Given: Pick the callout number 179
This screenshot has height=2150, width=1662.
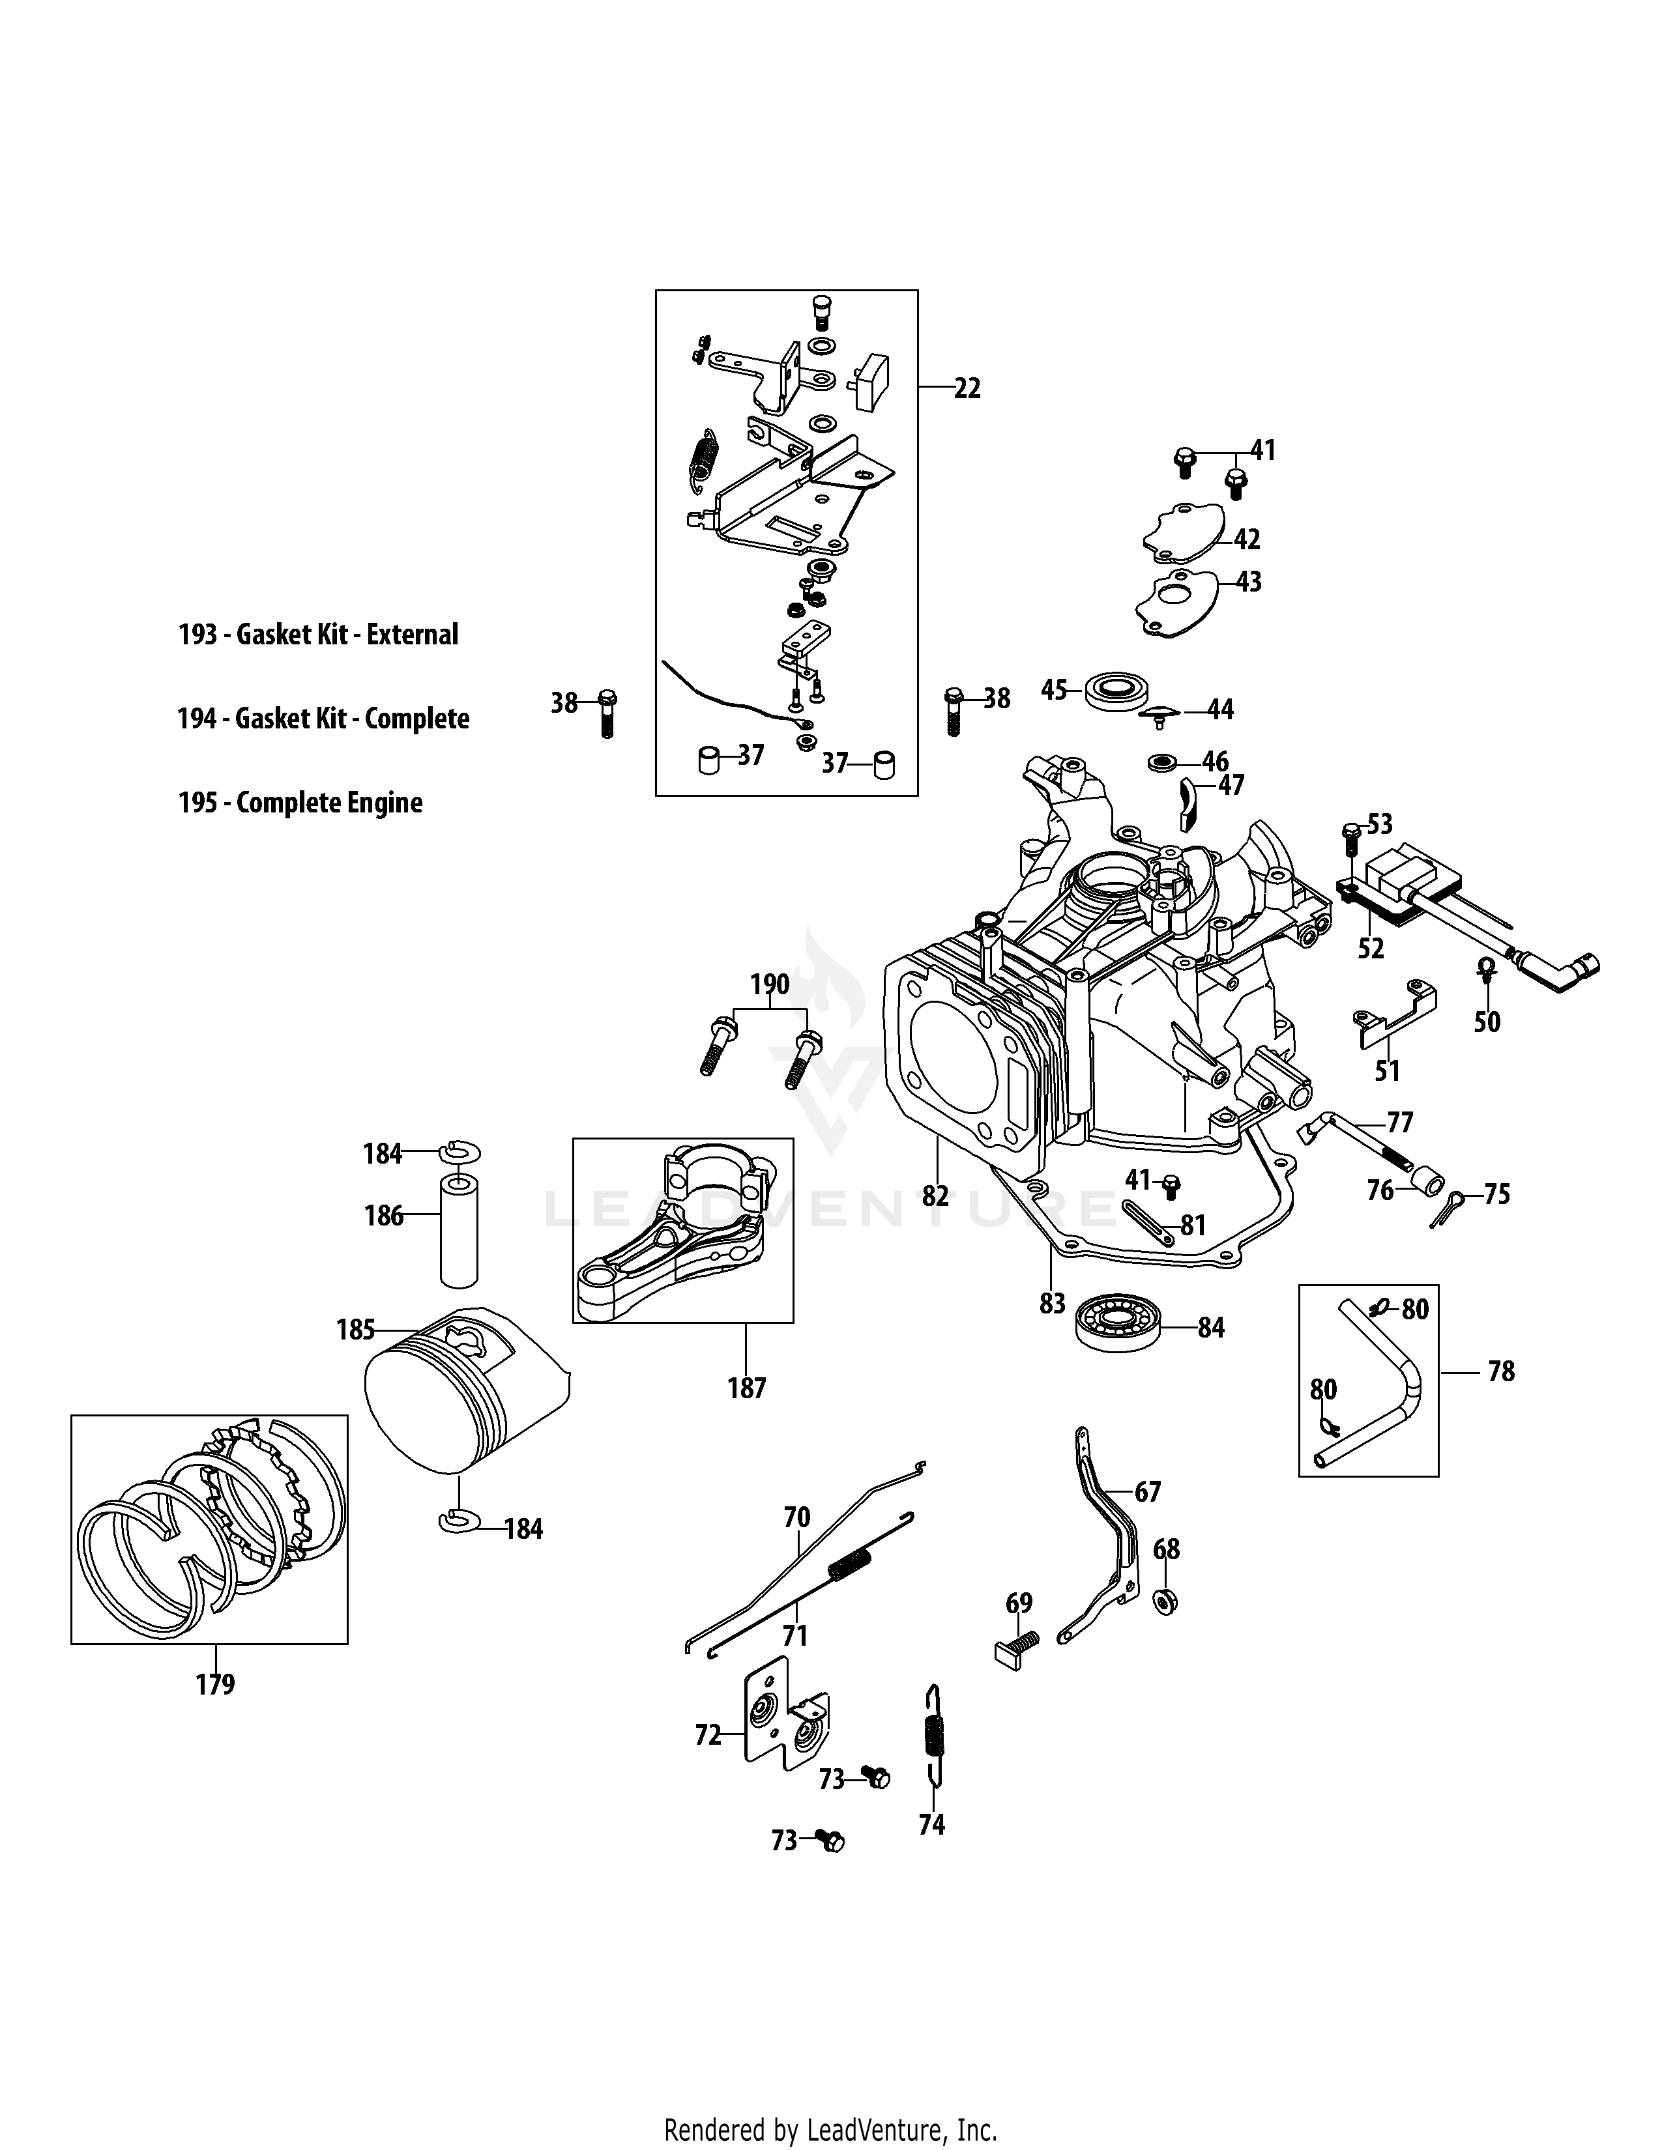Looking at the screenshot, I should coord(214,1684).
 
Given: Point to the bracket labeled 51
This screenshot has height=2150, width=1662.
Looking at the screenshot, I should coord(1394,1013).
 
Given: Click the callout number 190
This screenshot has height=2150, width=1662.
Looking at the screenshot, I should coord(769,984).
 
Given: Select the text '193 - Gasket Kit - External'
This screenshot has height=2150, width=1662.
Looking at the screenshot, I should coord(318,634).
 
